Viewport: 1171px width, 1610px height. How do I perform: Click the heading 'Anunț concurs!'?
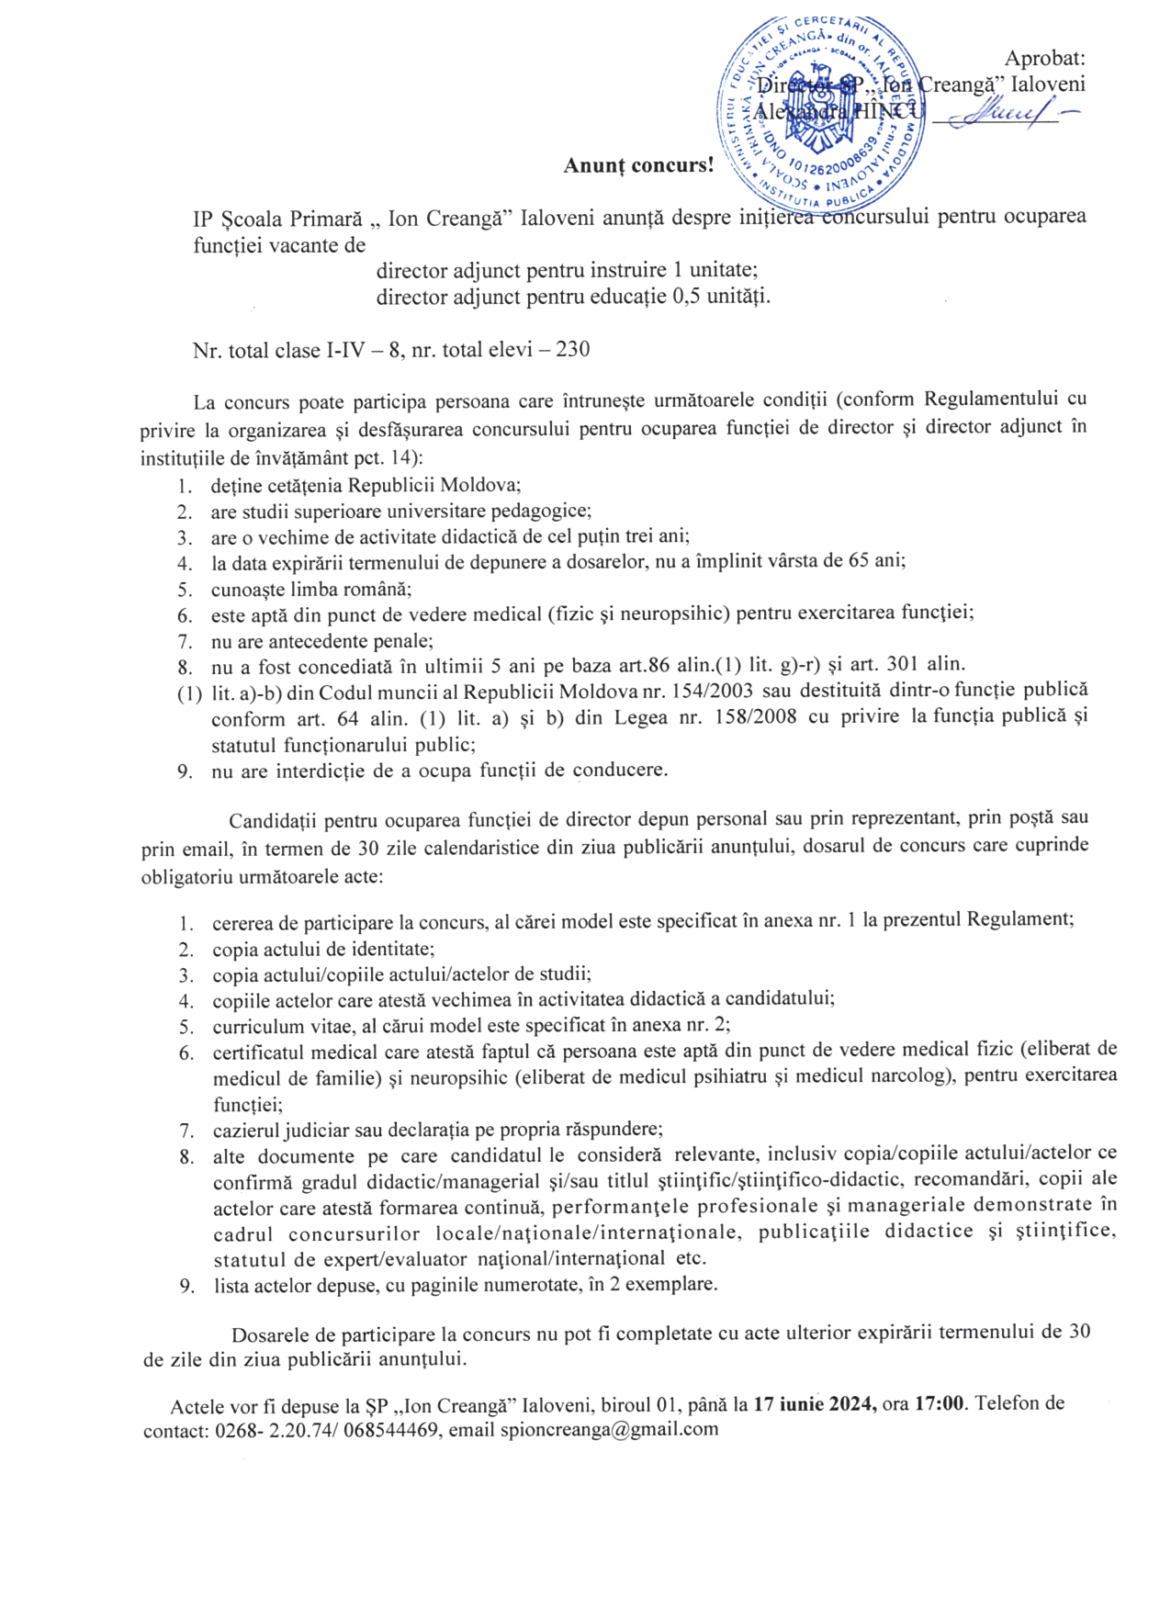point(638,165)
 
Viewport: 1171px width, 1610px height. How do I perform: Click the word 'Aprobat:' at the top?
point(1044,58)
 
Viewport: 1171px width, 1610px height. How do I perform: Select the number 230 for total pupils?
point(573,349)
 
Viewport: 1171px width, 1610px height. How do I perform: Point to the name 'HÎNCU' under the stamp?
point(886,110)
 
